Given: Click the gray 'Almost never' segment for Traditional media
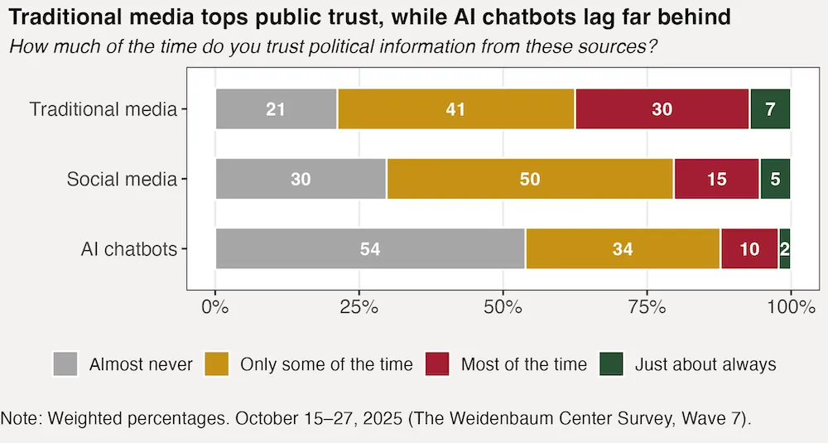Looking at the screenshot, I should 277,108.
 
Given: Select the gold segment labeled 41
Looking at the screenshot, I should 455,108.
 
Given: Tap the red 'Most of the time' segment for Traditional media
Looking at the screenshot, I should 662,108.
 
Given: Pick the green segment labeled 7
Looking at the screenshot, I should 770,108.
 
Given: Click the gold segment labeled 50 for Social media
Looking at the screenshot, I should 530,179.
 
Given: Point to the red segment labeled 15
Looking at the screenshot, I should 716,179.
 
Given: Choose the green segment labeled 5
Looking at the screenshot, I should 775,179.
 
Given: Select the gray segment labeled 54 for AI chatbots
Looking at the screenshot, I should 370,248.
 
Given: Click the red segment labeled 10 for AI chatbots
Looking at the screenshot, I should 749,248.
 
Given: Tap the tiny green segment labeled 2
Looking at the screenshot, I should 785,248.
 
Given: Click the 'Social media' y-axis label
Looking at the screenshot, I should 122,179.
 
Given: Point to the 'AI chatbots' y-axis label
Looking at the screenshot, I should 131,248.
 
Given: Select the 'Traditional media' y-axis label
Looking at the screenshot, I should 103,108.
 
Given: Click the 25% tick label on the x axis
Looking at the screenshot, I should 359,309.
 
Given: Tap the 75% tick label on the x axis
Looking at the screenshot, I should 647,309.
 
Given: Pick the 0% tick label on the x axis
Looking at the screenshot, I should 215,309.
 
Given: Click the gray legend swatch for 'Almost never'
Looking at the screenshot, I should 65,364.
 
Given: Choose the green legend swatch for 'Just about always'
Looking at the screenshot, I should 610,364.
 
